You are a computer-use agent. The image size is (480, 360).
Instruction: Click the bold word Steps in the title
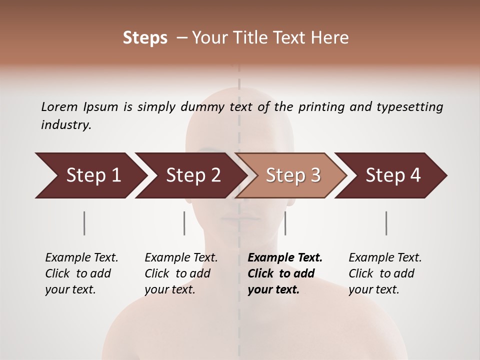tap(145, 38)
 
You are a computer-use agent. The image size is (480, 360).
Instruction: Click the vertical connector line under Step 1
tap(84, 223)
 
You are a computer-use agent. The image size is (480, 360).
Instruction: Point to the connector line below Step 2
tap(184, 223)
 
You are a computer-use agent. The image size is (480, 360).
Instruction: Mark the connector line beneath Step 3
tap(285, 223)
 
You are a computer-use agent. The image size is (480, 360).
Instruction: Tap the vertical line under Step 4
tap(386, 223)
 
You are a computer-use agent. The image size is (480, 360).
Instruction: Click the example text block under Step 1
tap(81, 273)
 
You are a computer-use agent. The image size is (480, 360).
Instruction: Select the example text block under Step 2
tap(181, 273)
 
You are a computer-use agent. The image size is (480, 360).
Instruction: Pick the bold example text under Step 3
tap(285, 273)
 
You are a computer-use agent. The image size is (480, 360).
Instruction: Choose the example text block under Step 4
tap(385, 273)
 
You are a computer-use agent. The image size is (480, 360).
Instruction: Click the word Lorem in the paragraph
tap(59, 106)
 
